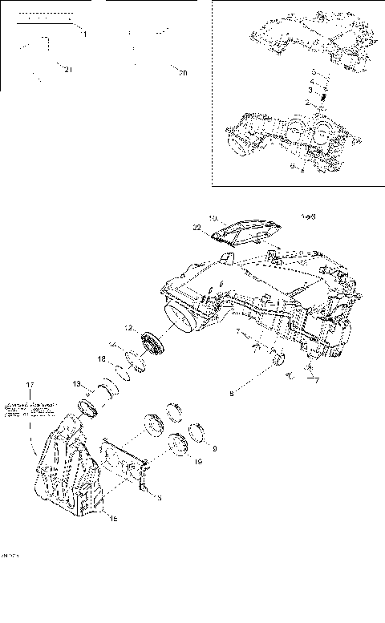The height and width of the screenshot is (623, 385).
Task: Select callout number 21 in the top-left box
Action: tap(68, 70)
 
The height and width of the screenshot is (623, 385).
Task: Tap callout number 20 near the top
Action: tap(182, 74)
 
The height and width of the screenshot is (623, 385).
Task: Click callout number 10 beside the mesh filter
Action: tap(213, 217)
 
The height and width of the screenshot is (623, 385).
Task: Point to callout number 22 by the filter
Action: tap(197, 228)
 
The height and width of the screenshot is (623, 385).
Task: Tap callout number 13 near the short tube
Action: tap(77, 383)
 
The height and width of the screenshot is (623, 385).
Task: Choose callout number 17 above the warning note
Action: tap(30, 385)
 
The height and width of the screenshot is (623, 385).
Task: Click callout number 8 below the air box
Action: tap(232, 393)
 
